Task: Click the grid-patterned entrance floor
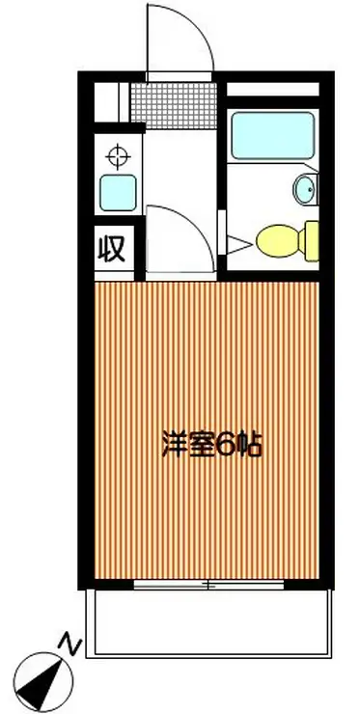[175, 101]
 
